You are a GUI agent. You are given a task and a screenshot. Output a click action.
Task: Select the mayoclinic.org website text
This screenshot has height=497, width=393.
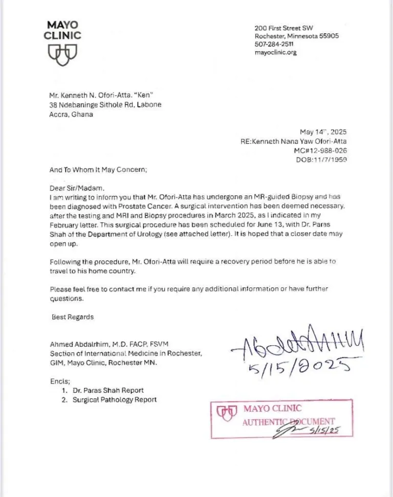276,52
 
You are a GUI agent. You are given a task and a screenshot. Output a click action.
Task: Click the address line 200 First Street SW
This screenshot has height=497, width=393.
284,28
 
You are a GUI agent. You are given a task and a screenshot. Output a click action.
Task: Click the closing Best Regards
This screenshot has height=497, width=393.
73,317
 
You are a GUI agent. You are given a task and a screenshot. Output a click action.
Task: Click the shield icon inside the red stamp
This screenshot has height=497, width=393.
227,412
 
